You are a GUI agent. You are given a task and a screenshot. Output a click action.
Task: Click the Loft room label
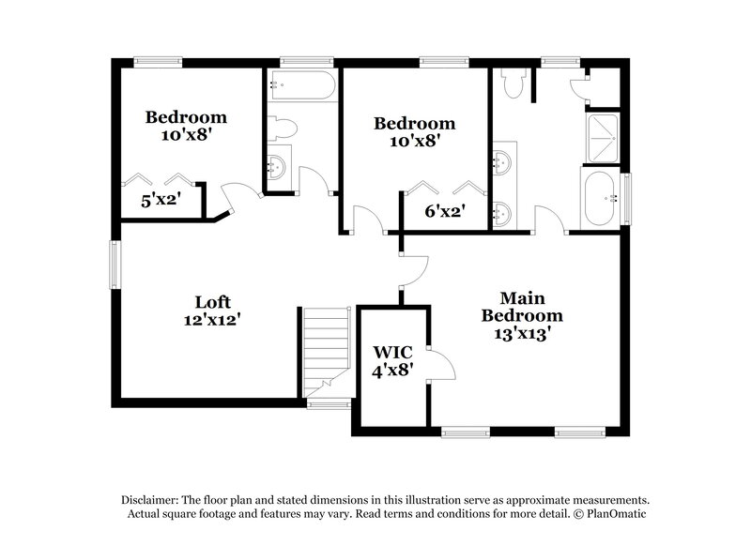pyautogui.click(x=213, y=302)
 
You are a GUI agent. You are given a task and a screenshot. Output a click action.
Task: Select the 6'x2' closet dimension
pyautogui.click(x=444, y=212)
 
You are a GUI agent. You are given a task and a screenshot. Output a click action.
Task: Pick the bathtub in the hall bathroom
pyautogui.click(x=299, y=84)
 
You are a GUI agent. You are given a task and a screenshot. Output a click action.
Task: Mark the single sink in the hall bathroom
pyautogui.click(x=278, y=166)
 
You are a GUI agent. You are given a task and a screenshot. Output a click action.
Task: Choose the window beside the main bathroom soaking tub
pyautogui.click(x=626, y=198)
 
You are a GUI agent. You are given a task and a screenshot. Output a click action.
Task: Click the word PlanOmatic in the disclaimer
pyautogui.click(x=617, y=514)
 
